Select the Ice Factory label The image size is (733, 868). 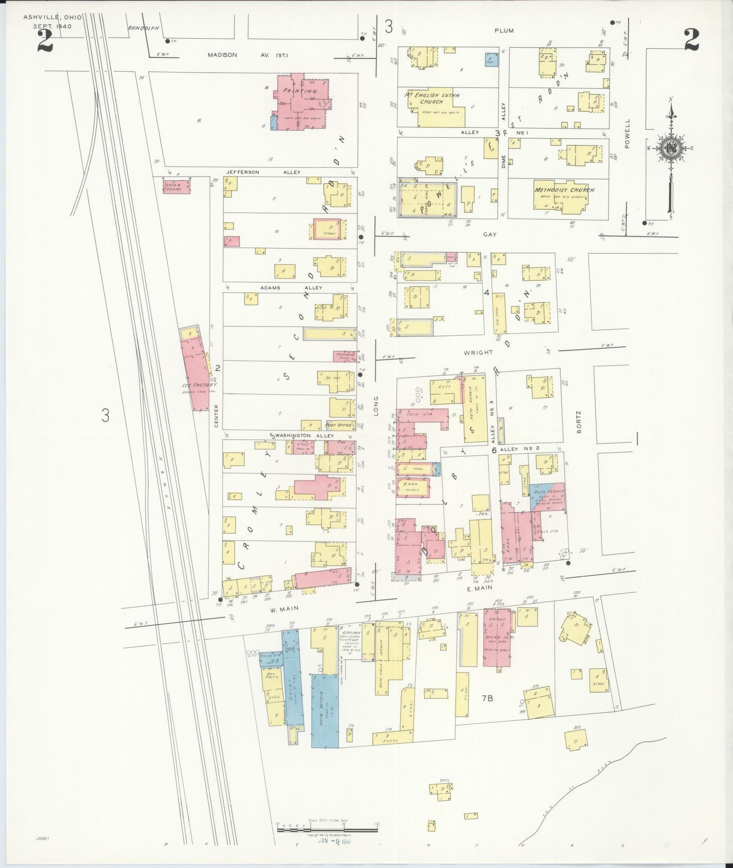(x=199, y=385)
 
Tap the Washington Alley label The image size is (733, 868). (x=303, y=436)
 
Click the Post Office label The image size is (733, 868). (x=338, y=424)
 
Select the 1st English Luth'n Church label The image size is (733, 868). (x=432, y=99)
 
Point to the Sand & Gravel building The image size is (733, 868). (x=176, y=186)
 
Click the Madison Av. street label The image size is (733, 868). (x=247, y=55)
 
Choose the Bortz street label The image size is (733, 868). (x=579, y=422)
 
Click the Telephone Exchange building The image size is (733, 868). (x=344, y=356)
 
